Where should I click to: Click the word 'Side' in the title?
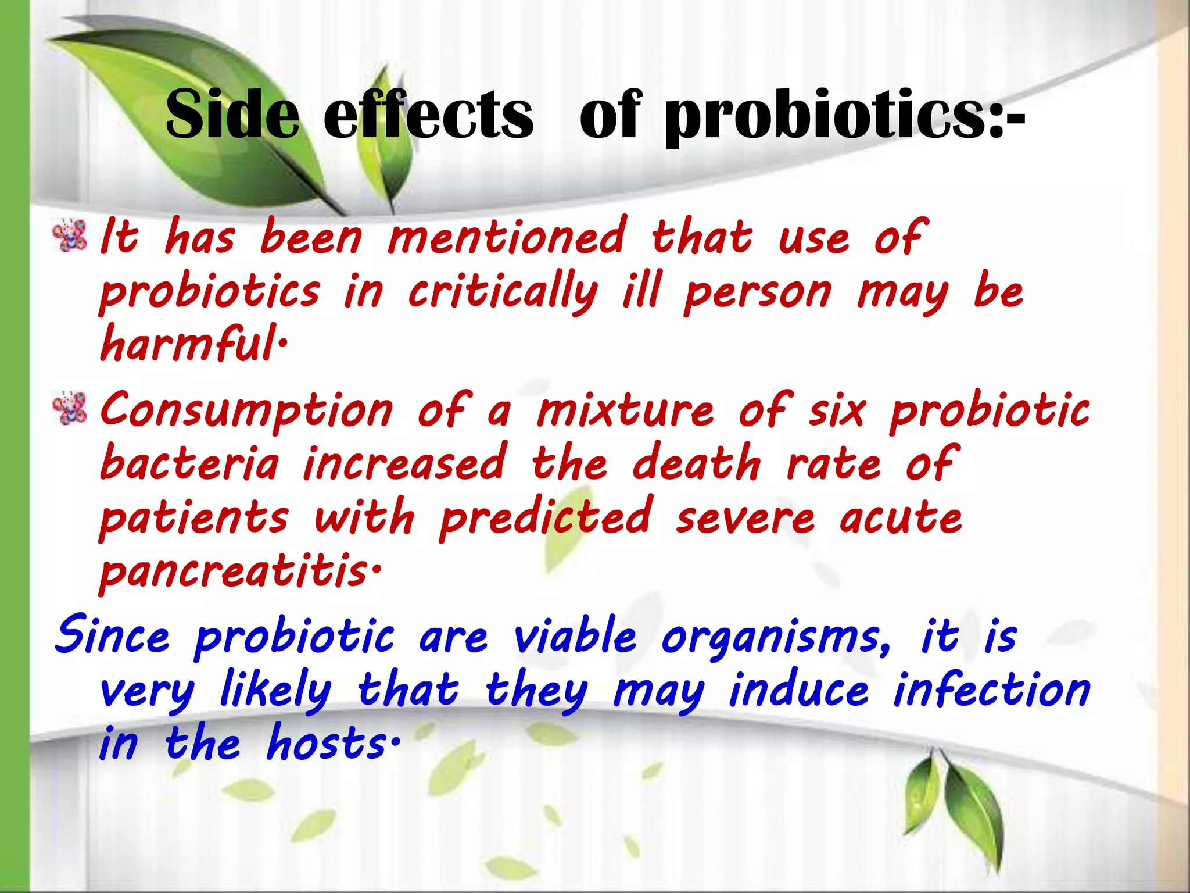pos(232,115)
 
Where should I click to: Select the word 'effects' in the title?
pos(428,115)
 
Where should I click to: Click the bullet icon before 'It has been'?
pos(69,235)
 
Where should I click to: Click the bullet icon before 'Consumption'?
pos(69,408)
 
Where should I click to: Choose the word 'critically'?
pos(503,292)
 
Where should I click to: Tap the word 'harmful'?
pos(189,345)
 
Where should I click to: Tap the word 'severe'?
pos(745,517)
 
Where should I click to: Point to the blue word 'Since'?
pos(112,635)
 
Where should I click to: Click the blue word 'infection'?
pos(991,690)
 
